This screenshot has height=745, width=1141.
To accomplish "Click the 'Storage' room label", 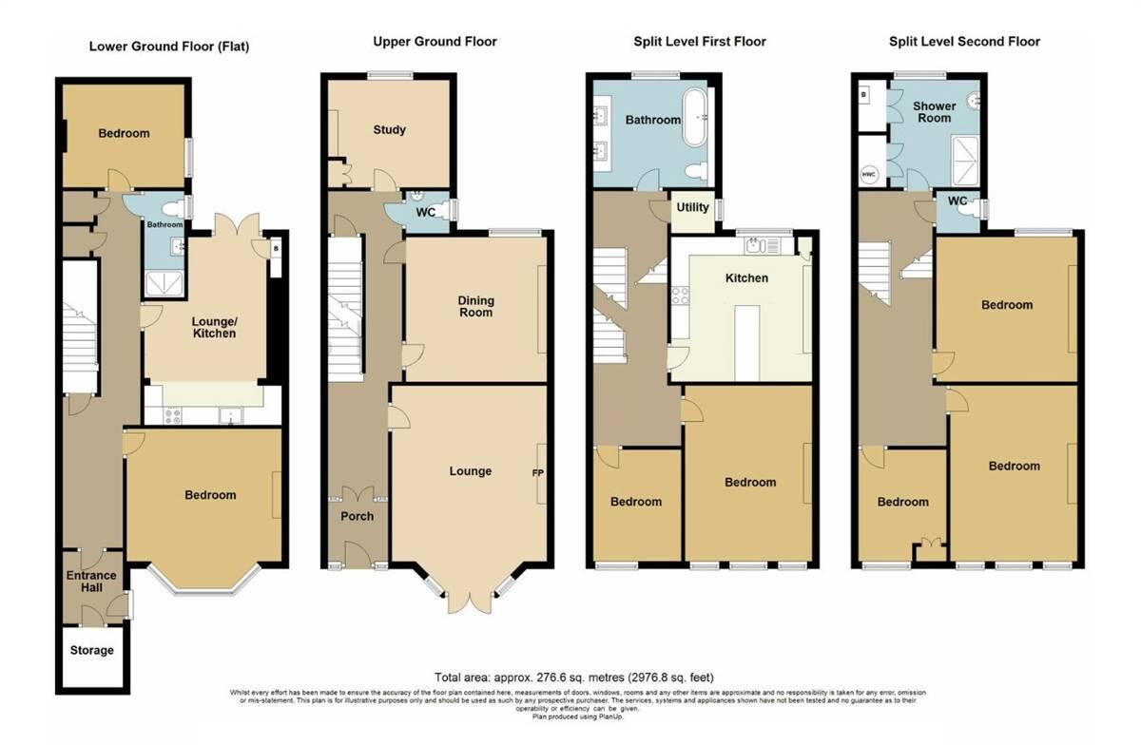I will [91, 651].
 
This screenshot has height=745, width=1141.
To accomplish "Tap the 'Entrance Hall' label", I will [91, 582].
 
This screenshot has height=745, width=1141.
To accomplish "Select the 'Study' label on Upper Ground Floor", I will [389, 129].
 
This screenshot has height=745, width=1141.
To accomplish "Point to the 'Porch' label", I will [357, 516].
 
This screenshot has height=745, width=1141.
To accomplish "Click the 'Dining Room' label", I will [476, 307].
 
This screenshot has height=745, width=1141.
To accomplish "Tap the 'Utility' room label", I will [691, 207].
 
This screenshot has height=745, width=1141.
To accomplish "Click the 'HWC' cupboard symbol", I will [868, 175].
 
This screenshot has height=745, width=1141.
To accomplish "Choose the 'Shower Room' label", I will [934, 112].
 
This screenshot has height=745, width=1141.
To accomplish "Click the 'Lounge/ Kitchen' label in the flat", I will [214, 328].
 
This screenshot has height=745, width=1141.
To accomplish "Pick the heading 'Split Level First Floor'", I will [700, 42].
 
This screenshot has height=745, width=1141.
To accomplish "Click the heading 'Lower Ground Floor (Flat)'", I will [169, 46].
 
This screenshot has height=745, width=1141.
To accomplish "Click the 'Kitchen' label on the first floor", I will [746, 277].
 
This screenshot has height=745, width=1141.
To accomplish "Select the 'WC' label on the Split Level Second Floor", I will [957, 201].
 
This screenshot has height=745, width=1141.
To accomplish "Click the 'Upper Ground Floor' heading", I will [435, 42].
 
